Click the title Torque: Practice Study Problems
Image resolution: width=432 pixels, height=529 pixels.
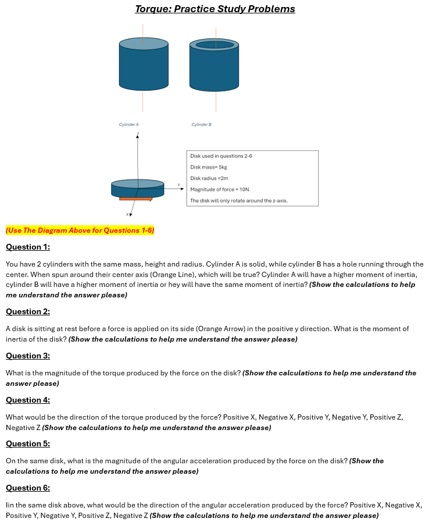[x=215, y=9]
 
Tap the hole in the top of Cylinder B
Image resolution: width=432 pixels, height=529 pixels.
[x=215, y=45]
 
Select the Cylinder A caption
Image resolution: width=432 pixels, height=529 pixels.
[x=128, y=125]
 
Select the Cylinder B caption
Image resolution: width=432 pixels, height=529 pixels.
[x=201, y=125]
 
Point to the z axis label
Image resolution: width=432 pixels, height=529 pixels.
[x=138, y=134]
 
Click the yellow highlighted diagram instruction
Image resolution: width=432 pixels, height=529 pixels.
[x=80, y=230]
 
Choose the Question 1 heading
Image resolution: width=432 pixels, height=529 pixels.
[x=28, y=247]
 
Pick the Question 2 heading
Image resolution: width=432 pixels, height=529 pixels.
[x=28, y=312]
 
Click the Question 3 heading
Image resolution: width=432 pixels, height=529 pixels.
[x=28, y=356]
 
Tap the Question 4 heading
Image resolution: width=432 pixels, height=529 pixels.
[x=28, y=400]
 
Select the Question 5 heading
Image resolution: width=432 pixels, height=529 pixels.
[x=28, y=444]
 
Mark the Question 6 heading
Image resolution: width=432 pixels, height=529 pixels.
[x=28, y=488]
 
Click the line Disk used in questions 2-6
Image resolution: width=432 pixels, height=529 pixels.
[x=222, y=156]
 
